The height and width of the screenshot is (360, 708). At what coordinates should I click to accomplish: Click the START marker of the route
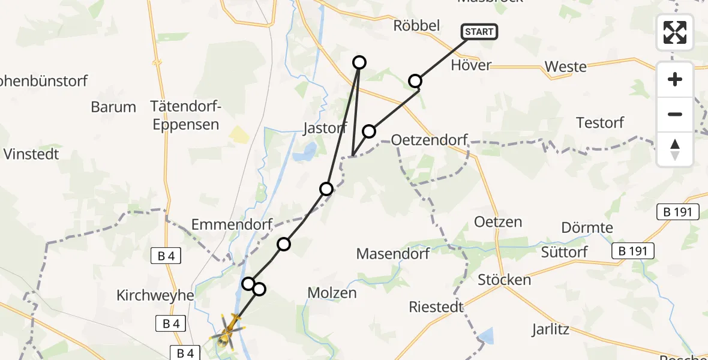tap(479, 32)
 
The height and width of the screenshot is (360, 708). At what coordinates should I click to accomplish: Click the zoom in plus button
tap(675, 79)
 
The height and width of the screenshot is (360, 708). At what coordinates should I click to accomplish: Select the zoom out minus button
tap(675, 114)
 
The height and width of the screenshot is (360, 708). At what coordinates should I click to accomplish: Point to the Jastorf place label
tap(326, 128)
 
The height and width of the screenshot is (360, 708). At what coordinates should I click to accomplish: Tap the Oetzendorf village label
tap(429, 140)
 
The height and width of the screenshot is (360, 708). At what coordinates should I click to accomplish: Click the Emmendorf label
tap(232, 224)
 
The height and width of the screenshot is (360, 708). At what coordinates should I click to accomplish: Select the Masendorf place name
tap(393, 253)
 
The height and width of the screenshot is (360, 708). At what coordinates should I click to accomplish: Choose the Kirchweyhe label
tap(156, 296)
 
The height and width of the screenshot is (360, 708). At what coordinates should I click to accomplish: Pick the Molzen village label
tap(332, 293)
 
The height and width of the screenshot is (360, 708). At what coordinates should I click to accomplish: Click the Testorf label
tap(600, 123)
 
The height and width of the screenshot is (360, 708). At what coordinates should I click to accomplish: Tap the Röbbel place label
tap(416, 25)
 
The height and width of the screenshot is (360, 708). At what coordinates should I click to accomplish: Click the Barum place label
tap(113, 107)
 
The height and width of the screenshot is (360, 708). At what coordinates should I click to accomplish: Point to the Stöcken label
tap(504, 280)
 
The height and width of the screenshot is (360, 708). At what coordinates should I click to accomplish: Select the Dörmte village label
tap(587, 228)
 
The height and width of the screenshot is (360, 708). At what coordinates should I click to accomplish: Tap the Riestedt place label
tap(436, 307)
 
